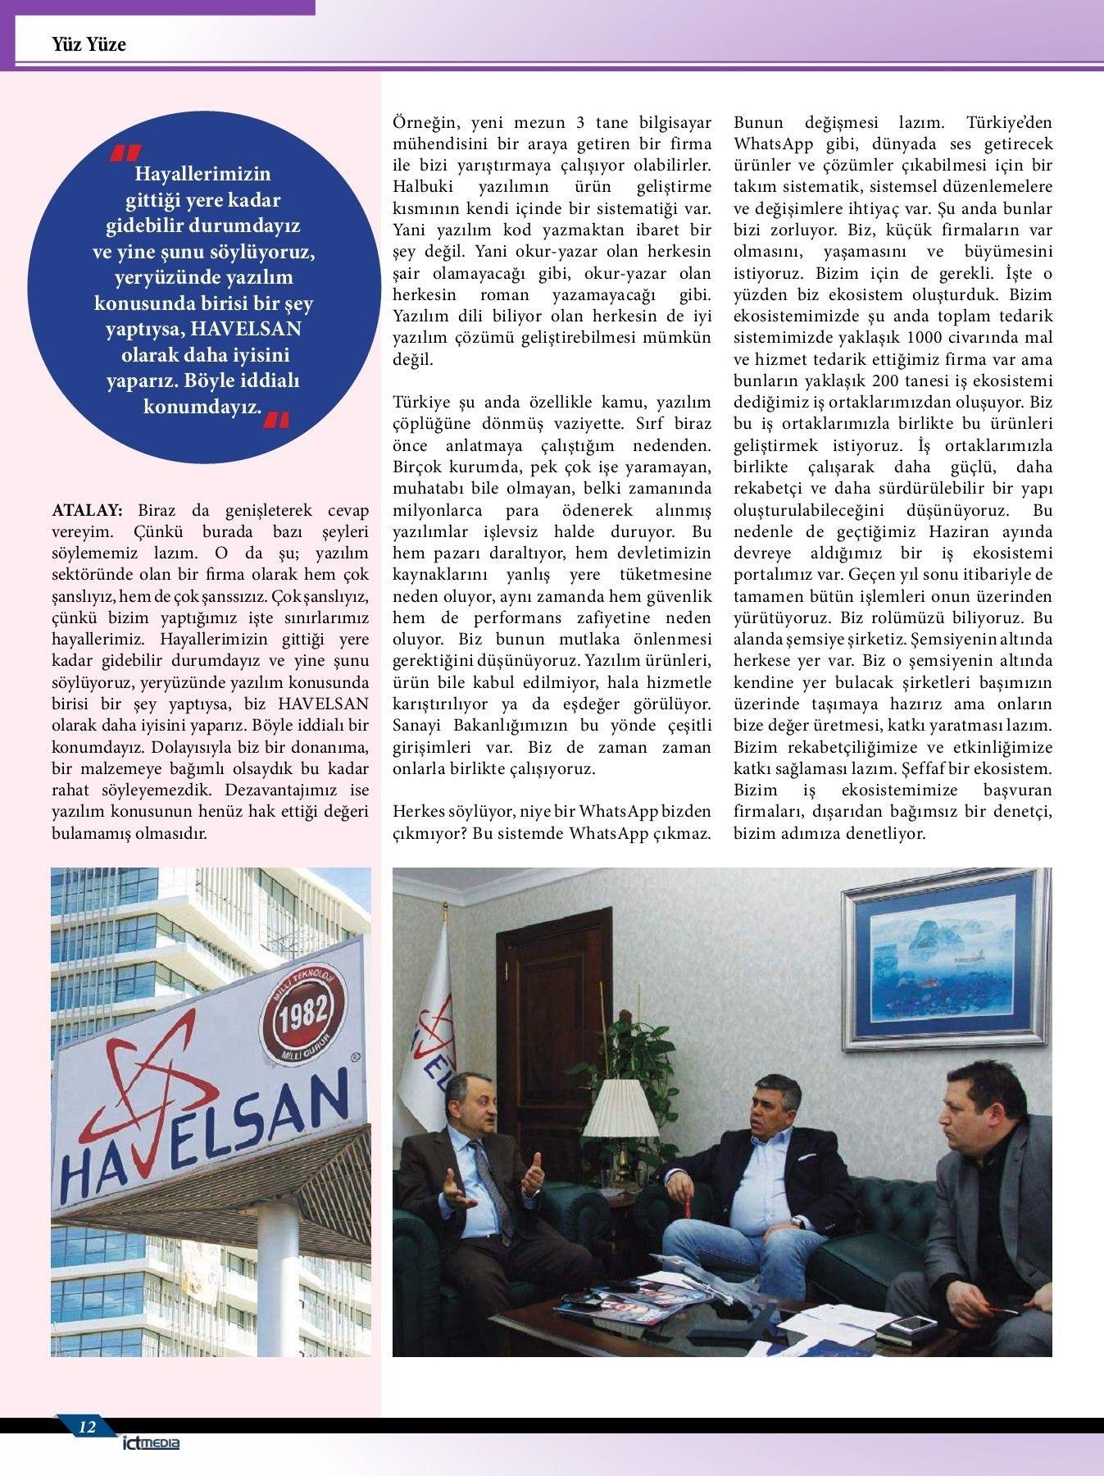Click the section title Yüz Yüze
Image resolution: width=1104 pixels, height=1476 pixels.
click(89, 44)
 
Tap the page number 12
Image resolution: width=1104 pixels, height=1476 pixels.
click(87, 1428)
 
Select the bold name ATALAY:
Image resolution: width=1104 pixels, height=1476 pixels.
click(87, 510)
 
